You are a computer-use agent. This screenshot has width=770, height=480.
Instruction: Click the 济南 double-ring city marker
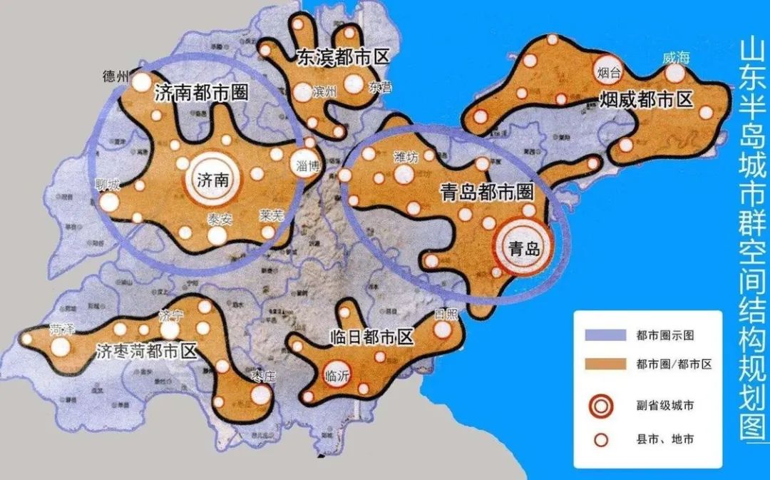tap(212, 180)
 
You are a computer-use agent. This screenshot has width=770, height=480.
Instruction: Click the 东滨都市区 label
tap(342, 56)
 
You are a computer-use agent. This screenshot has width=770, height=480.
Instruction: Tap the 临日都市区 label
tap(372, 336)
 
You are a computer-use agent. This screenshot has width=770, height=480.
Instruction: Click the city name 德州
tap(117, 76)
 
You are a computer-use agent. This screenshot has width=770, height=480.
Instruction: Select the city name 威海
tap(674, 58)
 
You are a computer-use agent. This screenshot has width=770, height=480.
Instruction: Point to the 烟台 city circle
tap(609, 70)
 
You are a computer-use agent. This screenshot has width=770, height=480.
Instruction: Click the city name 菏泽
tap(62, 331)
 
